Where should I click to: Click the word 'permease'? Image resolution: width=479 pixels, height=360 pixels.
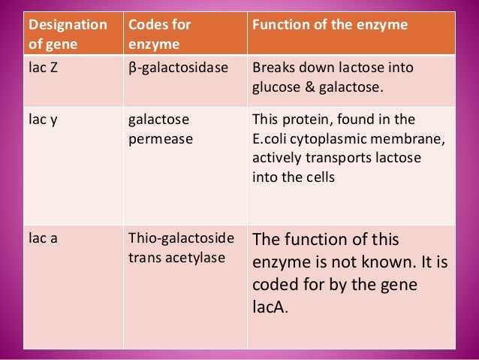[x=156, y=139]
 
